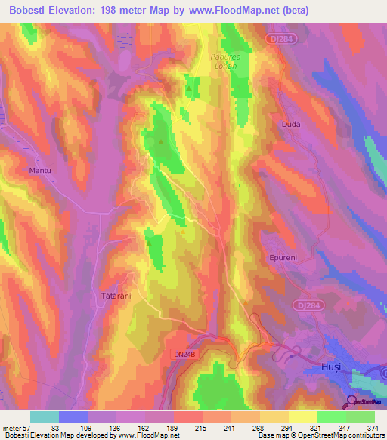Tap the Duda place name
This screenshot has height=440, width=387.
point(291,125)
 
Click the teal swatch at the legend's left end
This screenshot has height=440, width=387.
point(45,417)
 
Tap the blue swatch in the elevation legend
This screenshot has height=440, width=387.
point(73,417)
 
